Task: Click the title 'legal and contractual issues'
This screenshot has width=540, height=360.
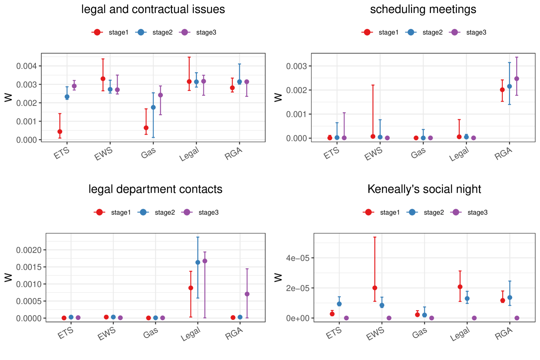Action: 153,9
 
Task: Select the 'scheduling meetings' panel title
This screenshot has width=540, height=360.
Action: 423,9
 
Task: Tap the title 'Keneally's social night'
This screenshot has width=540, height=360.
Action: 424,189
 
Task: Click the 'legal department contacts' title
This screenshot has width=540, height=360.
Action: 155,189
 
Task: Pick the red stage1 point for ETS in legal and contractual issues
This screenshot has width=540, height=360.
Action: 60,132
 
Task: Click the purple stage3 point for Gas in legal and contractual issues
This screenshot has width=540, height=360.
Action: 160,95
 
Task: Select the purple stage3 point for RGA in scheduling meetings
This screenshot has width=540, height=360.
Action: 517,79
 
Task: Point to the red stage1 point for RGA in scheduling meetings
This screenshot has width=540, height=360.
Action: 502,90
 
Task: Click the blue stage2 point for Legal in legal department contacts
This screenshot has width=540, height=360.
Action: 198,263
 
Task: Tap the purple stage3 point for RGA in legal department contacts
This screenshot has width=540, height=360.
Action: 247,294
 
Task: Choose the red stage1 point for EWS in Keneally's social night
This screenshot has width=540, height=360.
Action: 375,288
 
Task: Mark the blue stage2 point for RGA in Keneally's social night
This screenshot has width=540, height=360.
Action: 510,298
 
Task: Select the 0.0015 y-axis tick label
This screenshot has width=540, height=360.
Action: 31,267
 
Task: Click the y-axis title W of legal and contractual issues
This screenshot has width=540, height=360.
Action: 8,97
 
